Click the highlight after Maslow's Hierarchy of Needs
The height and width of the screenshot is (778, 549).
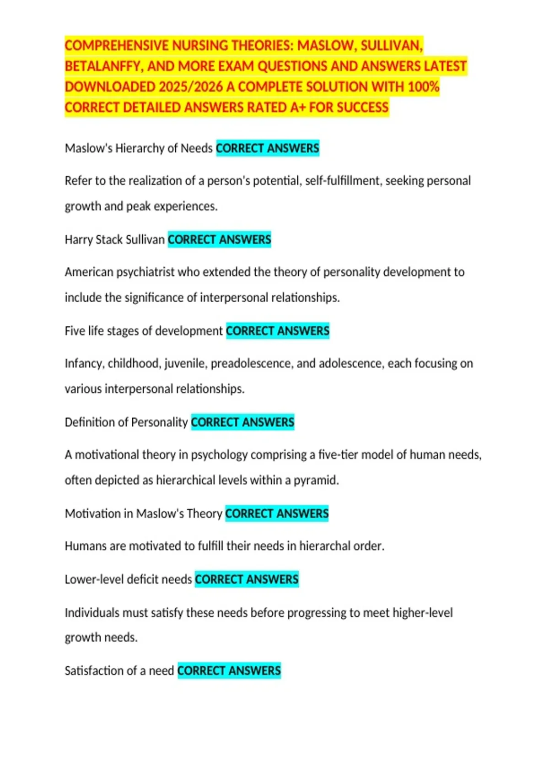268,148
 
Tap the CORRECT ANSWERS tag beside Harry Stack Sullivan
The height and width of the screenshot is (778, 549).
219,239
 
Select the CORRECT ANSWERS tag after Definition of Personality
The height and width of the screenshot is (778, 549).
242,422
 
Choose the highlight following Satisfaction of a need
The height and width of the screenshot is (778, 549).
229,670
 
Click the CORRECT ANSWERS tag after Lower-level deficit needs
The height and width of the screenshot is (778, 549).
247,579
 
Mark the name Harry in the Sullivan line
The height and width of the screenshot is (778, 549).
78,239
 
